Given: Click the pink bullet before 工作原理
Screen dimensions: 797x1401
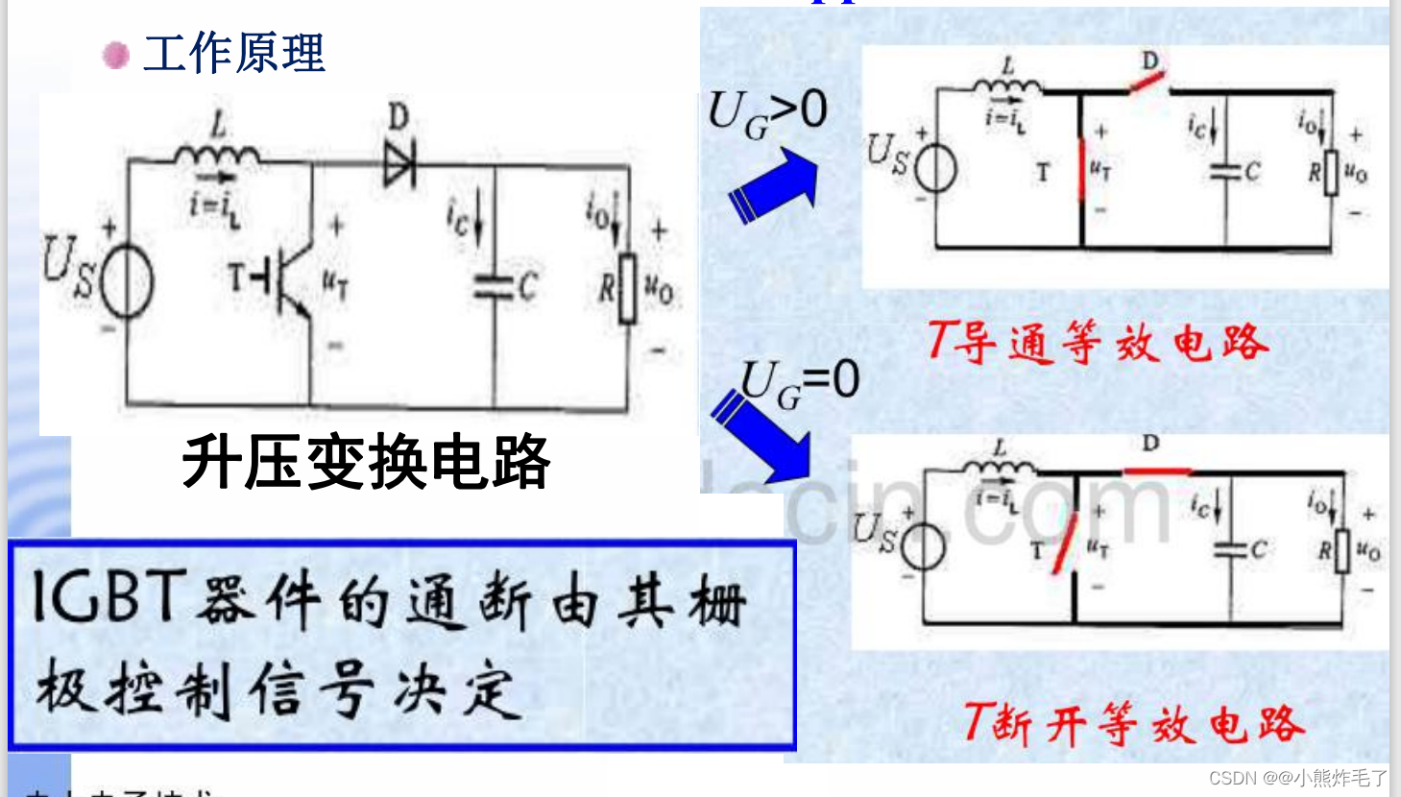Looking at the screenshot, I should pyautogui.click(x=116, y=55).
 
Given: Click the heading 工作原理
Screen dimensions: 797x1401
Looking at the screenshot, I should pyautogui.click(x=233, y=53).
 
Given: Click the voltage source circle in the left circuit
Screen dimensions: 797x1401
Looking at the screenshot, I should pyautogui.click(x=127, y=281).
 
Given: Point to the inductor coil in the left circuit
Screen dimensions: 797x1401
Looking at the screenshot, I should pyautogui.click(x=217, y=154).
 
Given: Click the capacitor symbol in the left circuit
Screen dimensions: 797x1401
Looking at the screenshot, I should pyautogui.click(x=494, y=286).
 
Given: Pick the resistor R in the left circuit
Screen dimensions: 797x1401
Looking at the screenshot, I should pyautogui.click(x=627, y=287).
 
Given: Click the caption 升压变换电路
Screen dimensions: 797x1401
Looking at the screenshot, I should pyautogui.click(x=366, y=463).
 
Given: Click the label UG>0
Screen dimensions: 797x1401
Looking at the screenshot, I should pyautogui.click(x=767, y=112).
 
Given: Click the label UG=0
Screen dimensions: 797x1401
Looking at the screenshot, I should pyautogui.click(x=800, y=383).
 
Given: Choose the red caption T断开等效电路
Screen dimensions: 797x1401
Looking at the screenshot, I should pyautogui.click(x=1133, y=723).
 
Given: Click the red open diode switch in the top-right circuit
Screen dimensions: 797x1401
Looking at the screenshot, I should pyautogui.click(x=1147, y=81).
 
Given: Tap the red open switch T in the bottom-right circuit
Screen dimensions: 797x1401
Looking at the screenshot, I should pyautogui.click(x=1065, y=543).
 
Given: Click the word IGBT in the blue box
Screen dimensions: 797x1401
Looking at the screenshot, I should pyautogui.click(x=108, y=596).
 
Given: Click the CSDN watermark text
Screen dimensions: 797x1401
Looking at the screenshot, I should pyautogui.click(x=1297, y=778).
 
